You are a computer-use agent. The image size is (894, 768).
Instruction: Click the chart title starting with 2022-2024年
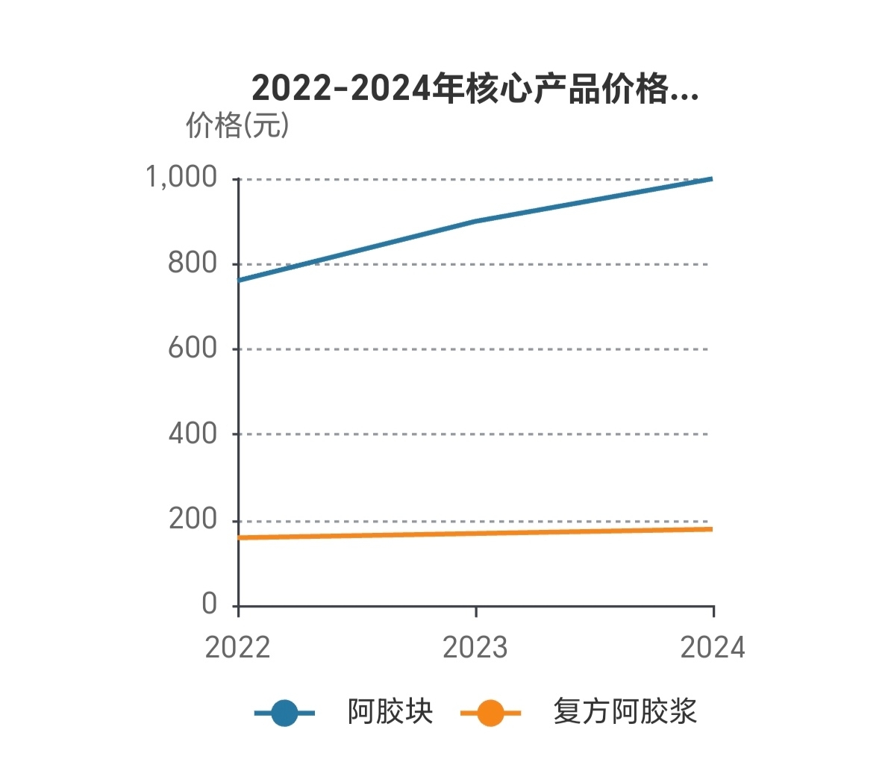[475, 89]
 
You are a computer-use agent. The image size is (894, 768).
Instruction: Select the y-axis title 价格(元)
[237, 125]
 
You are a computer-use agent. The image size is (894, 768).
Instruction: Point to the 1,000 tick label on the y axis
[181, 178]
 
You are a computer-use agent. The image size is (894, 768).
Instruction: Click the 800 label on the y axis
[192, 263]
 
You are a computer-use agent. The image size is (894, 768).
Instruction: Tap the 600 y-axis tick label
[192, 348]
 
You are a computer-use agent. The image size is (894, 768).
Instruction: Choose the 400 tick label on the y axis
[192, 433]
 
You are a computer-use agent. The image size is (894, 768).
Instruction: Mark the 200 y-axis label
[192, 519]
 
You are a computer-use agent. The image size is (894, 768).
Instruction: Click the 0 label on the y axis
[209, 603]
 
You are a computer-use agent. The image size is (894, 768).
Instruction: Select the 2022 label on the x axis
[237, 647]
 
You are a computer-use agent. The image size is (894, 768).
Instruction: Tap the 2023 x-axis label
[475, 647]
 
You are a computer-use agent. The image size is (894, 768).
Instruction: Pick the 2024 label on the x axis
[713, 647]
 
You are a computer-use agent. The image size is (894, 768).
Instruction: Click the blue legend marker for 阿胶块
[284, 713]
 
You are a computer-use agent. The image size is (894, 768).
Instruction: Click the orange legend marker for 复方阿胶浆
[490, 713]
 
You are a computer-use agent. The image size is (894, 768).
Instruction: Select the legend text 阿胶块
[390, 712]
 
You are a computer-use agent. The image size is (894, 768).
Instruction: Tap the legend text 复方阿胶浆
[625, 712]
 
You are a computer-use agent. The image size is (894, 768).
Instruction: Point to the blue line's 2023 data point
[476, 222]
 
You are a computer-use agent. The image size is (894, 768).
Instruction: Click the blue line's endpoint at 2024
[713, 179]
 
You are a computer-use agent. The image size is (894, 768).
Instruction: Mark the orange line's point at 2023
[476, 534]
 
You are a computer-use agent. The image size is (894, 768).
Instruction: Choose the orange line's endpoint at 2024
[713, 529]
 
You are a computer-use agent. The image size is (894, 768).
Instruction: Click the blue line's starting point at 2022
[239, 281]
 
